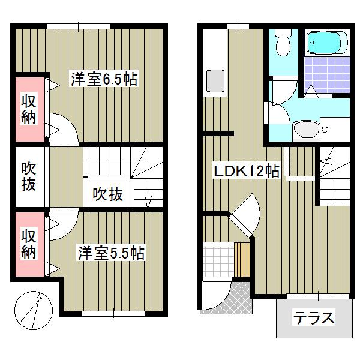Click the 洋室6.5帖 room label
[x=104, y=79]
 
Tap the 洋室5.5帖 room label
[x=110, y=253]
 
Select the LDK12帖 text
[x=247, y=171]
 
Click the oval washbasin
[x=306, y=129]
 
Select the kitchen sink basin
[x=214, y=81]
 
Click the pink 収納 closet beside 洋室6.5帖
[x=28, y=109]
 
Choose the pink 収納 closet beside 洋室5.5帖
[x=28, y=242]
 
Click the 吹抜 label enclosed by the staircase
[x=108, y=194]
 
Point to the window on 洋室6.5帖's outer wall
[x=78, y=26]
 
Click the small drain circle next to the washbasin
[x=324, y=128]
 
